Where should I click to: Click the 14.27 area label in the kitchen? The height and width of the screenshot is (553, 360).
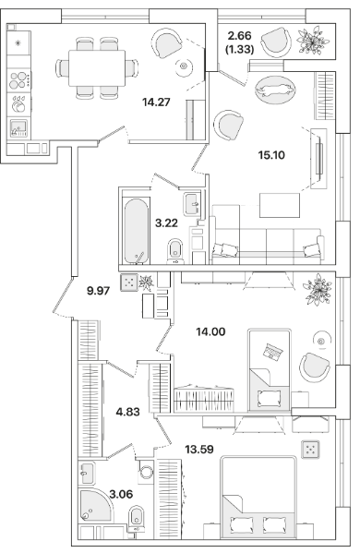(x=156, y=102)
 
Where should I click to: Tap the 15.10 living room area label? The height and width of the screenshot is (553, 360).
(x=271, y=155)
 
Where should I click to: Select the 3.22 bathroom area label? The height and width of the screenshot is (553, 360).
(x=166, y=222)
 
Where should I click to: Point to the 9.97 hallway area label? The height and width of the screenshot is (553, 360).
(x=99, y=291)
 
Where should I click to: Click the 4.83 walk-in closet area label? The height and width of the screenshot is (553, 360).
(x=128, y=412)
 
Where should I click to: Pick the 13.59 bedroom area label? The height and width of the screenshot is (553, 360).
(x=199, y=450)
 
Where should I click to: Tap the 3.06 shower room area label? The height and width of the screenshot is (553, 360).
(x=121, y=494)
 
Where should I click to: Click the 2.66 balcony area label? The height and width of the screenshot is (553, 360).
(x=240, y=36)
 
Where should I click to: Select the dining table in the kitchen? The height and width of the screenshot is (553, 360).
(x=97, y=67)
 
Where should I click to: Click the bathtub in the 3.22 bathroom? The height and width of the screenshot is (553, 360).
(x=136, y=232)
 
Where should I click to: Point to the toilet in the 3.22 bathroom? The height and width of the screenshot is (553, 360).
(x=175, y=251)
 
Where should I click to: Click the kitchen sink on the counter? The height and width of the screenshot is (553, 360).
(x=19, y=128)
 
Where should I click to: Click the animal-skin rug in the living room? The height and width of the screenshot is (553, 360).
(x=275, y=90)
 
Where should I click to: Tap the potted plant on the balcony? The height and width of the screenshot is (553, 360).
(x=314, y=41)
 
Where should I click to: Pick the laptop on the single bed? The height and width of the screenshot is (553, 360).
(x=273, y=351)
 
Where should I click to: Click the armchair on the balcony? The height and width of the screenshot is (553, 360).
(x=277, y=42)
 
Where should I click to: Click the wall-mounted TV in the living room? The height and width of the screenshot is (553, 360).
(x=319, y=159)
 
